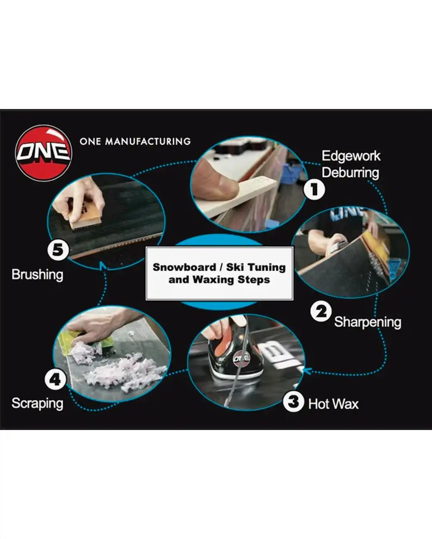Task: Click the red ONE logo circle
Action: (43, 153)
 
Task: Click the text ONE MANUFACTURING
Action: (135, 141)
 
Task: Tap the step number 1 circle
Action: (314, 189)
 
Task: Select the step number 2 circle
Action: (321, 312)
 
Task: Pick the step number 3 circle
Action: (294, 401)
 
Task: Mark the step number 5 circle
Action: (58, 250)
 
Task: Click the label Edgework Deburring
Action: (351, 164)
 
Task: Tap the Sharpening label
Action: (367, 322)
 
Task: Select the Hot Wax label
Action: (333, 404)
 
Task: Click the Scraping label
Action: (37, 403)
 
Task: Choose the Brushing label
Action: (37, 275)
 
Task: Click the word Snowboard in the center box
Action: (184, 267)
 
